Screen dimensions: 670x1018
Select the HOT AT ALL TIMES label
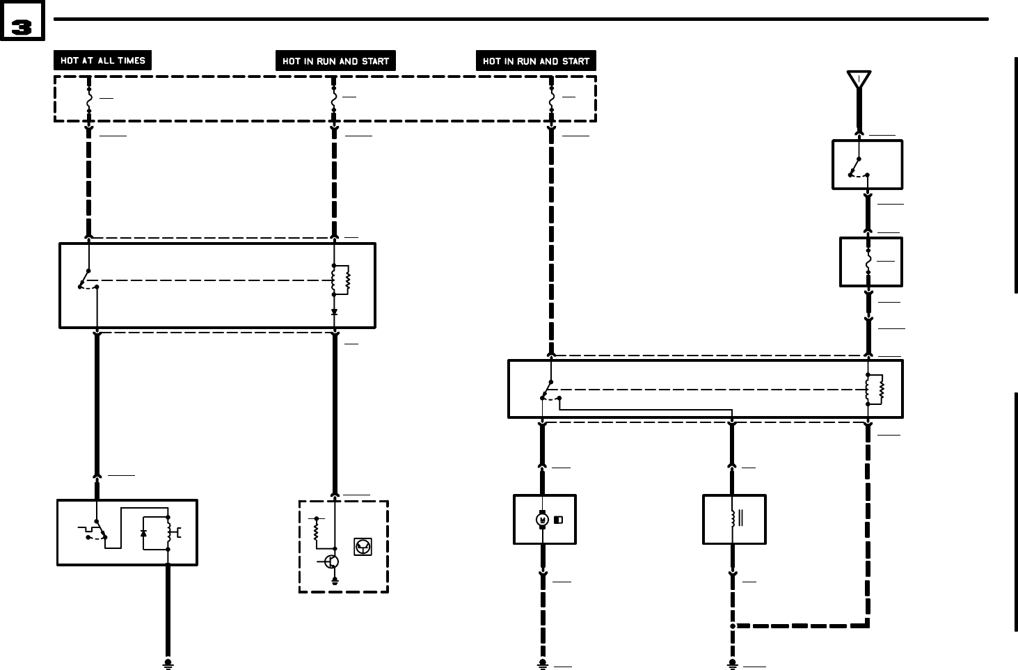(x=102, y=61)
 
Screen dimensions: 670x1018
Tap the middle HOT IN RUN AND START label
(x=335, y=61)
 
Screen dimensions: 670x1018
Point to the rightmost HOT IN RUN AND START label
(x=536, y=61)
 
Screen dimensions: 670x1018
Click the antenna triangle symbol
(x=859, y=79)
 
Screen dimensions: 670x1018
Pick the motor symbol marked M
(x=543, y=520)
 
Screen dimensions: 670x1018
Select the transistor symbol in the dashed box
(x=332, y=561)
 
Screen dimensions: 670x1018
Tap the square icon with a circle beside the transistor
(x=363, y=547)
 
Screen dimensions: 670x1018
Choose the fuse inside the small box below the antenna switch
(x=868, y=262)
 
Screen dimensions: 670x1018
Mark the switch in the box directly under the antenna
(x=858, y=168)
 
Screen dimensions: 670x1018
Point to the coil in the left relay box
(x=342, y=280)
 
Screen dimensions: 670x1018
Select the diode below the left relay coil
(x=335, y=312)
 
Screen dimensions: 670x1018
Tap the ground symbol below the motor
(x=543, y=664)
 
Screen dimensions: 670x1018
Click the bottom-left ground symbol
(x=168, y=664)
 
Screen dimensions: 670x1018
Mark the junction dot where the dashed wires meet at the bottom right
(x=733, y=626)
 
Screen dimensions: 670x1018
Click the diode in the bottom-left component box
(x=144, y=533)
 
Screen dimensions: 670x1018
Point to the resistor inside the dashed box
(x=317, y=532)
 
